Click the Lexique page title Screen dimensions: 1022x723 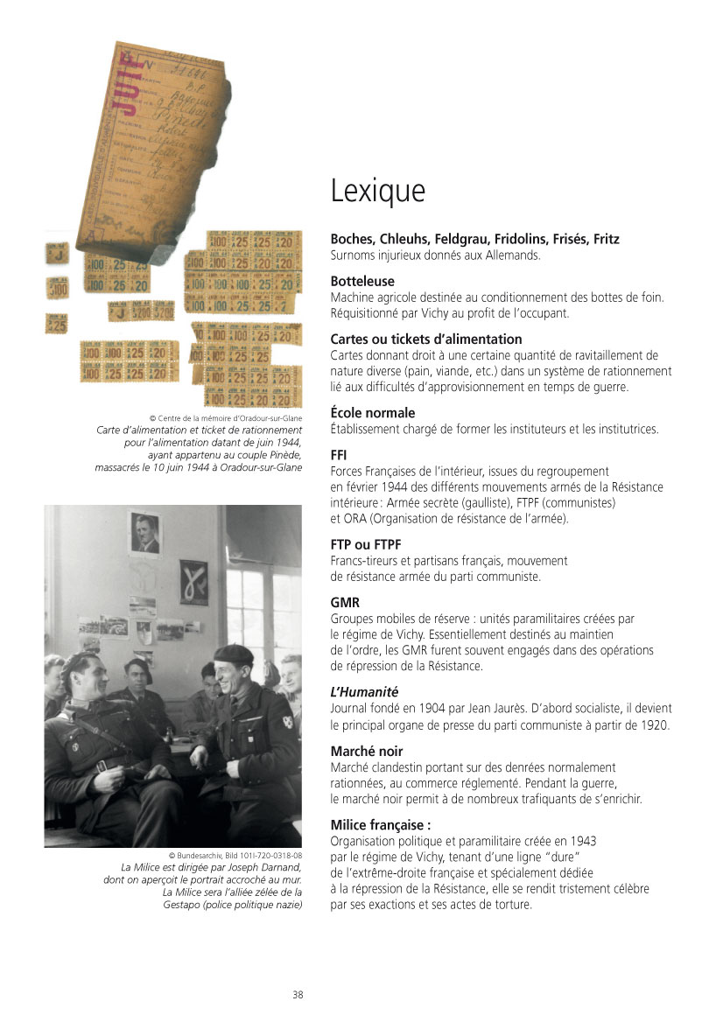[x=377, y=191]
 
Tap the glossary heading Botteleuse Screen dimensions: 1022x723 [x=362, y=282]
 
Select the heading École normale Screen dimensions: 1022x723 [x=373, y=413]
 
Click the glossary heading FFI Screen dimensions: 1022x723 [x=339, y=456]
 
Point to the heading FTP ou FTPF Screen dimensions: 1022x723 [x=366, y=545]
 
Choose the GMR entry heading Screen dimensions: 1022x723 [x=345, y=603]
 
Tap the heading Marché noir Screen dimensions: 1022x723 [x=367, y=752]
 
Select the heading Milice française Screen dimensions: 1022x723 [x=381, y=825]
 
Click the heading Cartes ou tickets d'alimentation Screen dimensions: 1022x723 [x=426, y=339]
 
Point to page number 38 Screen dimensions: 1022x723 [x=298, y=995]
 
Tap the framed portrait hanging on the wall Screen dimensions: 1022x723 [x=145, y=533]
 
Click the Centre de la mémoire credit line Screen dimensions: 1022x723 [x=227, y=417]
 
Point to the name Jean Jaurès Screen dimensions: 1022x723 [x=488, y=709]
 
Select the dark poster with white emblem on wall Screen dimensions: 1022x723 [x=193, y=584]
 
